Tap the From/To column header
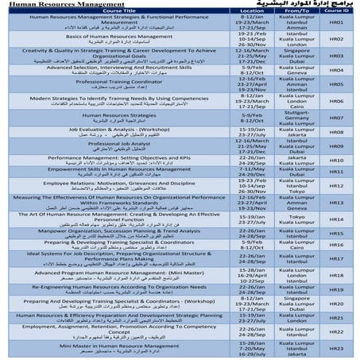(289, 10)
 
